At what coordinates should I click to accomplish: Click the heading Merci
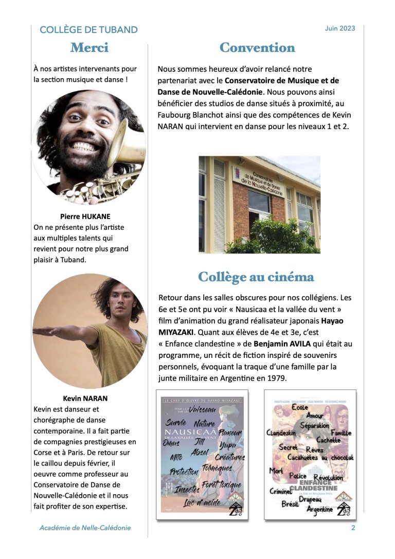(x=89, y=48)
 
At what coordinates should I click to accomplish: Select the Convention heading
(x=257, y=48)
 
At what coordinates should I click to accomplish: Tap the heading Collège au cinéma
(x=256, y=277)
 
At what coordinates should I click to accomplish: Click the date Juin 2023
(x=340, y=29)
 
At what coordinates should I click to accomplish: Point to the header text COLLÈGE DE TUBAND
(x=88, y=30)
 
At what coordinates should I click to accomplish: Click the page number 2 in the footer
(x=353, y=528)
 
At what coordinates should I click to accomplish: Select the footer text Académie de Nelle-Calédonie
(x=85, y=528)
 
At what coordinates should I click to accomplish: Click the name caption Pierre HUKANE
(x=85, y=216)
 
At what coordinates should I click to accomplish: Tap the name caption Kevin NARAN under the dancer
(x=85, y=398)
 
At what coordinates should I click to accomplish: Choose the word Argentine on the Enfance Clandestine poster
(x=319, y=509)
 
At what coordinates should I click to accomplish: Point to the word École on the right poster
(x=299, y=407)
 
